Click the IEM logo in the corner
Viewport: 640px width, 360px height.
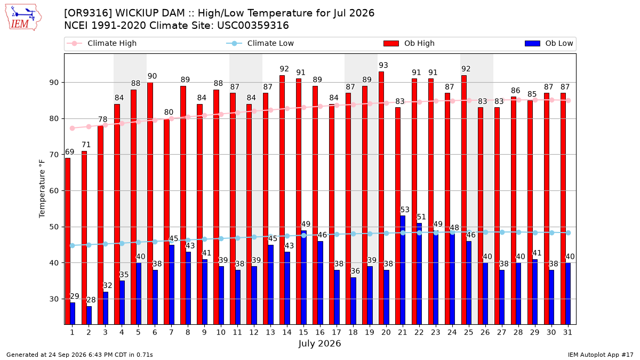(x=23, y=18)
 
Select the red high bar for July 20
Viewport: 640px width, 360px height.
(x=381, y=198)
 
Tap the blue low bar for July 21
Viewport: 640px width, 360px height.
(x=403, y=270)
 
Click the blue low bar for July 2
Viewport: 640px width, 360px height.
(x=89, y=315)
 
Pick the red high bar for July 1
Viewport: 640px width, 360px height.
(x=68, y=241)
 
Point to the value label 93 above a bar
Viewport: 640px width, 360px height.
(x=383, y=65)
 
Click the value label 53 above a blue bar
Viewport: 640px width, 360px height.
(x=405, y=210)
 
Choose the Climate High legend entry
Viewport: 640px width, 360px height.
(x=102, y=43)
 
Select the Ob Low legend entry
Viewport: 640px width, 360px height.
(x=549, y=43)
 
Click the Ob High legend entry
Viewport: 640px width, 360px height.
(x=409, y=43)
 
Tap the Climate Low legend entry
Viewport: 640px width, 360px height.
(x=260, y=43)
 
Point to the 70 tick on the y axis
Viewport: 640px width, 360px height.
(x=54, y=155)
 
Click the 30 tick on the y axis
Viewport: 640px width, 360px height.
(x=54, y=299)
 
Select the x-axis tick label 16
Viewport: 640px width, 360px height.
(x=320, y=332)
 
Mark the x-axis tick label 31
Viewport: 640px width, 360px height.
(x=567, y=332)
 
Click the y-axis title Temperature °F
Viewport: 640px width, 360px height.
(x=42, y=189)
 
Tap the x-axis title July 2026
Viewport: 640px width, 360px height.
(x=319, y=343)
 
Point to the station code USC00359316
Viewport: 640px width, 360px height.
(x=253, y=26)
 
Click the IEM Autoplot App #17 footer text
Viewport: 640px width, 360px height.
(x=601, y=355)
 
